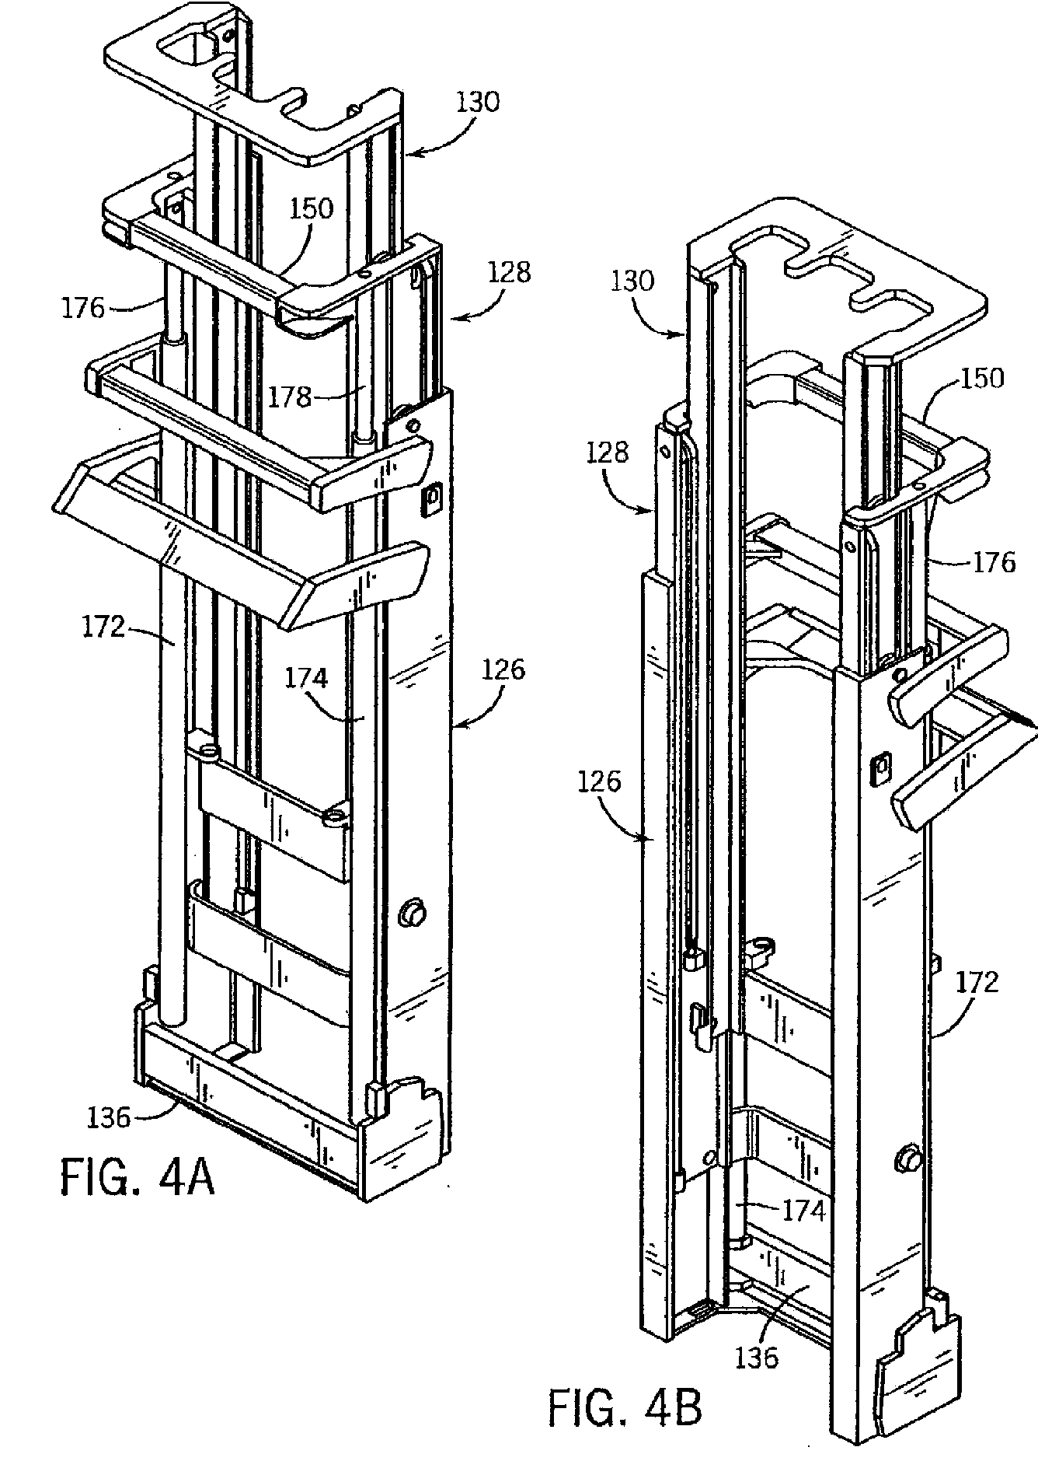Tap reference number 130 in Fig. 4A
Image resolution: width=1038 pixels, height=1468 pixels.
coord(478,103)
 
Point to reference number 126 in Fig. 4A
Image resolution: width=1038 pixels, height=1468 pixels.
coord(503,669)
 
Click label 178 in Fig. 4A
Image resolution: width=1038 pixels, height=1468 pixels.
coord(290,397)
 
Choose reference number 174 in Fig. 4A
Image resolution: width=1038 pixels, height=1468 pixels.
coord(306,680)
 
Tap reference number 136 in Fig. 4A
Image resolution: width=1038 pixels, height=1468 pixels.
coord(109,1117)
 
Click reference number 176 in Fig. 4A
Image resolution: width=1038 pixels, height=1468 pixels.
coord(83,308)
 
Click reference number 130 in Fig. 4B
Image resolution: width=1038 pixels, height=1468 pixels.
coord(632,281)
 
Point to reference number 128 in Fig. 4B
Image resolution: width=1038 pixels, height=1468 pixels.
coord(608,452)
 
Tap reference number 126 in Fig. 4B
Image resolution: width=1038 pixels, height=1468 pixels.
coord(599,781)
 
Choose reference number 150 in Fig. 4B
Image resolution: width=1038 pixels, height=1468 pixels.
coord(982,379)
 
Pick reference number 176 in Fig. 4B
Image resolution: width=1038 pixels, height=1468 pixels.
coord(994,561)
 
